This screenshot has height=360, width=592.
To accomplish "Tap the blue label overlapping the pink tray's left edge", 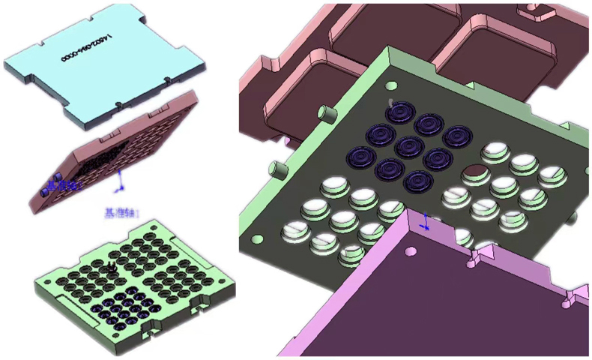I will tap(61, 185).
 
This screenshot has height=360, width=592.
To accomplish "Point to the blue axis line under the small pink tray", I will tap(121, 180).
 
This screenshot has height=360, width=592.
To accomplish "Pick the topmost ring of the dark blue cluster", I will tap(402, 113).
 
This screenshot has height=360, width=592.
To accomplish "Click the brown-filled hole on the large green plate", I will tap(473, 175).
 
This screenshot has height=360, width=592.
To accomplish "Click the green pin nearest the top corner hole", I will tap(326, 115).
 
